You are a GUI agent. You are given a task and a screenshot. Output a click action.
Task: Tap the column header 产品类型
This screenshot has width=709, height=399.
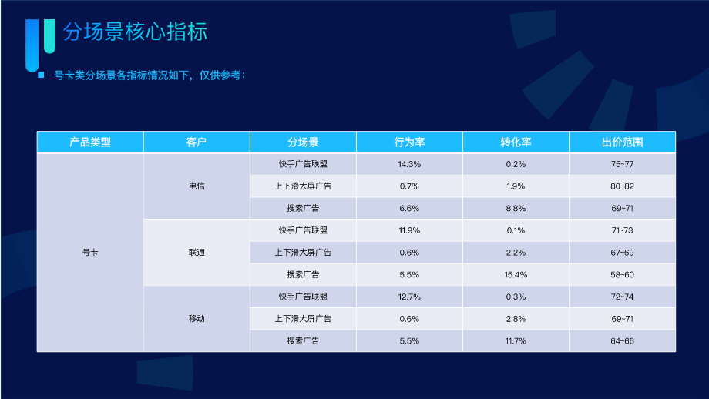[x=90, y=142]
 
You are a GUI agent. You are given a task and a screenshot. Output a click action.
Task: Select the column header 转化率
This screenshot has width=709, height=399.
[x=516, y=142]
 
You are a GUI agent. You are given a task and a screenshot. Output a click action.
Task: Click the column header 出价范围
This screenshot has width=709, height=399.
[x=622, y=142]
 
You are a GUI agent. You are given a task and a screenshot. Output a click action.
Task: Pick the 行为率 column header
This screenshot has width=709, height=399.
[x=409, y=142]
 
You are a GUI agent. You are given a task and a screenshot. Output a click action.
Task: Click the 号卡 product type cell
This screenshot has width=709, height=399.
[x=90, y=253]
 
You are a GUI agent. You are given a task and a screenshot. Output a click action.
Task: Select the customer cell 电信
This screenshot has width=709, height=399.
[x=197, y=186]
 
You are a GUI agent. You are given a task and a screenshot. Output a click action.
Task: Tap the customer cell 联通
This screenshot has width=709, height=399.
[x=197, y=253]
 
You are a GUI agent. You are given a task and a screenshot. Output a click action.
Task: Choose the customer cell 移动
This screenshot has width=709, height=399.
[x=197, y=318]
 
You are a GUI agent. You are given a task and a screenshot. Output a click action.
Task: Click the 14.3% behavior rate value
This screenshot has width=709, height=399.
[x=409, y=164]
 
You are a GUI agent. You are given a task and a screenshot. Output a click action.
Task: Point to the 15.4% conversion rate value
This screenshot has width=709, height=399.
[x=516, y=274]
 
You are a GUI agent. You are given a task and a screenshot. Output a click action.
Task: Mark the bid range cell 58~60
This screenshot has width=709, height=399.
[x=622, y=274]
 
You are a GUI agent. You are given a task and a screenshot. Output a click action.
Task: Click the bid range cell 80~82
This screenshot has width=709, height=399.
[x=622, y=186]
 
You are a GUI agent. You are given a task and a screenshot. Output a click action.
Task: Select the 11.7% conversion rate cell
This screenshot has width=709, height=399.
[x=516, y=340]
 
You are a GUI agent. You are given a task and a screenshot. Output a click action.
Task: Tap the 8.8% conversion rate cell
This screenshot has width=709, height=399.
[x=516, y=208]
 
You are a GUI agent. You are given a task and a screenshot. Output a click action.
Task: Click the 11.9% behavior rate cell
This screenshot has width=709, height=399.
[x=409, y=230]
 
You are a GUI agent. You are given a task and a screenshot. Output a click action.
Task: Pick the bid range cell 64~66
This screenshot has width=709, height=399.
[x=622, y=340]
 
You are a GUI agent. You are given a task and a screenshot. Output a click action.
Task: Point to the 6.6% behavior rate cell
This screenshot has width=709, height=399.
[x=409, y=208]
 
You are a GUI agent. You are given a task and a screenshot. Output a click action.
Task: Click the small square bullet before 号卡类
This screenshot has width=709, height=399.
[x=40, y=75]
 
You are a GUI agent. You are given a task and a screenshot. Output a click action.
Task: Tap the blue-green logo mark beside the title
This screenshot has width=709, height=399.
[x=40, y=42]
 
